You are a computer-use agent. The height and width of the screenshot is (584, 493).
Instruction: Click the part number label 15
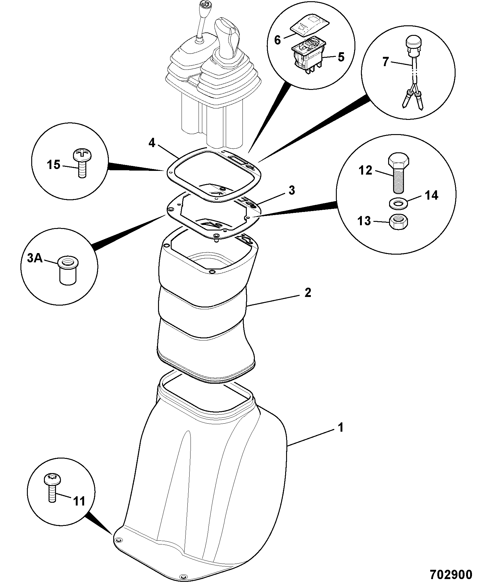[x=54, y=165]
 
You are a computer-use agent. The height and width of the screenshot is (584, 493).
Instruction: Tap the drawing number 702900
[x=451, y=574]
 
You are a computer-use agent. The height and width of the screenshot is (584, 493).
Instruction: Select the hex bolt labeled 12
[x=399, y=174]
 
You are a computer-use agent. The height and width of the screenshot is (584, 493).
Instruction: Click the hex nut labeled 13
[x=399, y=222]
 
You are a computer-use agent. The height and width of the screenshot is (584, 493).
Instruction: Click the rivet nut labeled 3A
[x=67, y=270]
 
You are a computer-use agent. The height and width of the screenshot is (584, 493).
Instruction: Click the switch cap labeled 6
[x=310, y=26]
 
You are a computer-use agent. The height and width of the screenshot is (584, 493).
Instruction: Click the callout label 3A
[x=35, y=257]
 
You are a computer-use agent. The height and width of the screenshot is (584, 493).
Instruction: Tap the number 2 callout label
[x=307, y=292]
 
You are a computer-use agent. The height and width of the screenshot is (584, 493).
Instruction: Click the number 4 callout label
[x=152, y=143]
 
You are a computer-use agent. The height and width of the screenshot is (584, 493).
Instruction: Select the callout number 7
[x=385, y=62]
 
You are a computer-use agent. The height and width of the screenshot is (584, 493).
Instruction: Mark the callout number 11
[x=79, y=510]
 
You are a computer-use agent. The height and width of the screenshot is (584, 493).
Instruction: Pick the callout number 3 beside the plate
[x=291, y=190]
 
